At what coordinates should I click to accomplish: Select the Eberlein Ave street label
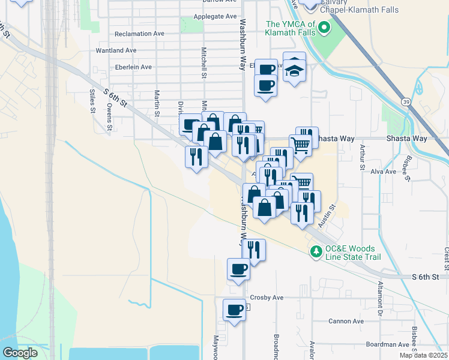click(x=133, y=67)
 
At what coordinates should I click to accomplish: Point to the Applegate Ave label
click(x=215, y=17)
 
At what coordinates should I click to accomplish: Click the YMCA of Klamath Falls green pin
click(x=324, y=28)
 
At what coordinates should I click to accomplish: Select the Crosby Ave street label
click(x=266, y=298)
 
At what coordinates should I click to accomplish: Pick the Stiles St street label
click(x=92, y=101)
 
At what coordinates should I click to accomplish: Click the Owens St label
click(x=109, y=117)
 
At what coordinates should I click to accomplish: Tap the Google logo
click(x=20, y=353)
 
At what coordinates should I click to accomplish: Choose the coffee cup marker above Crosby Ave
click(x=238, y=270)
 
